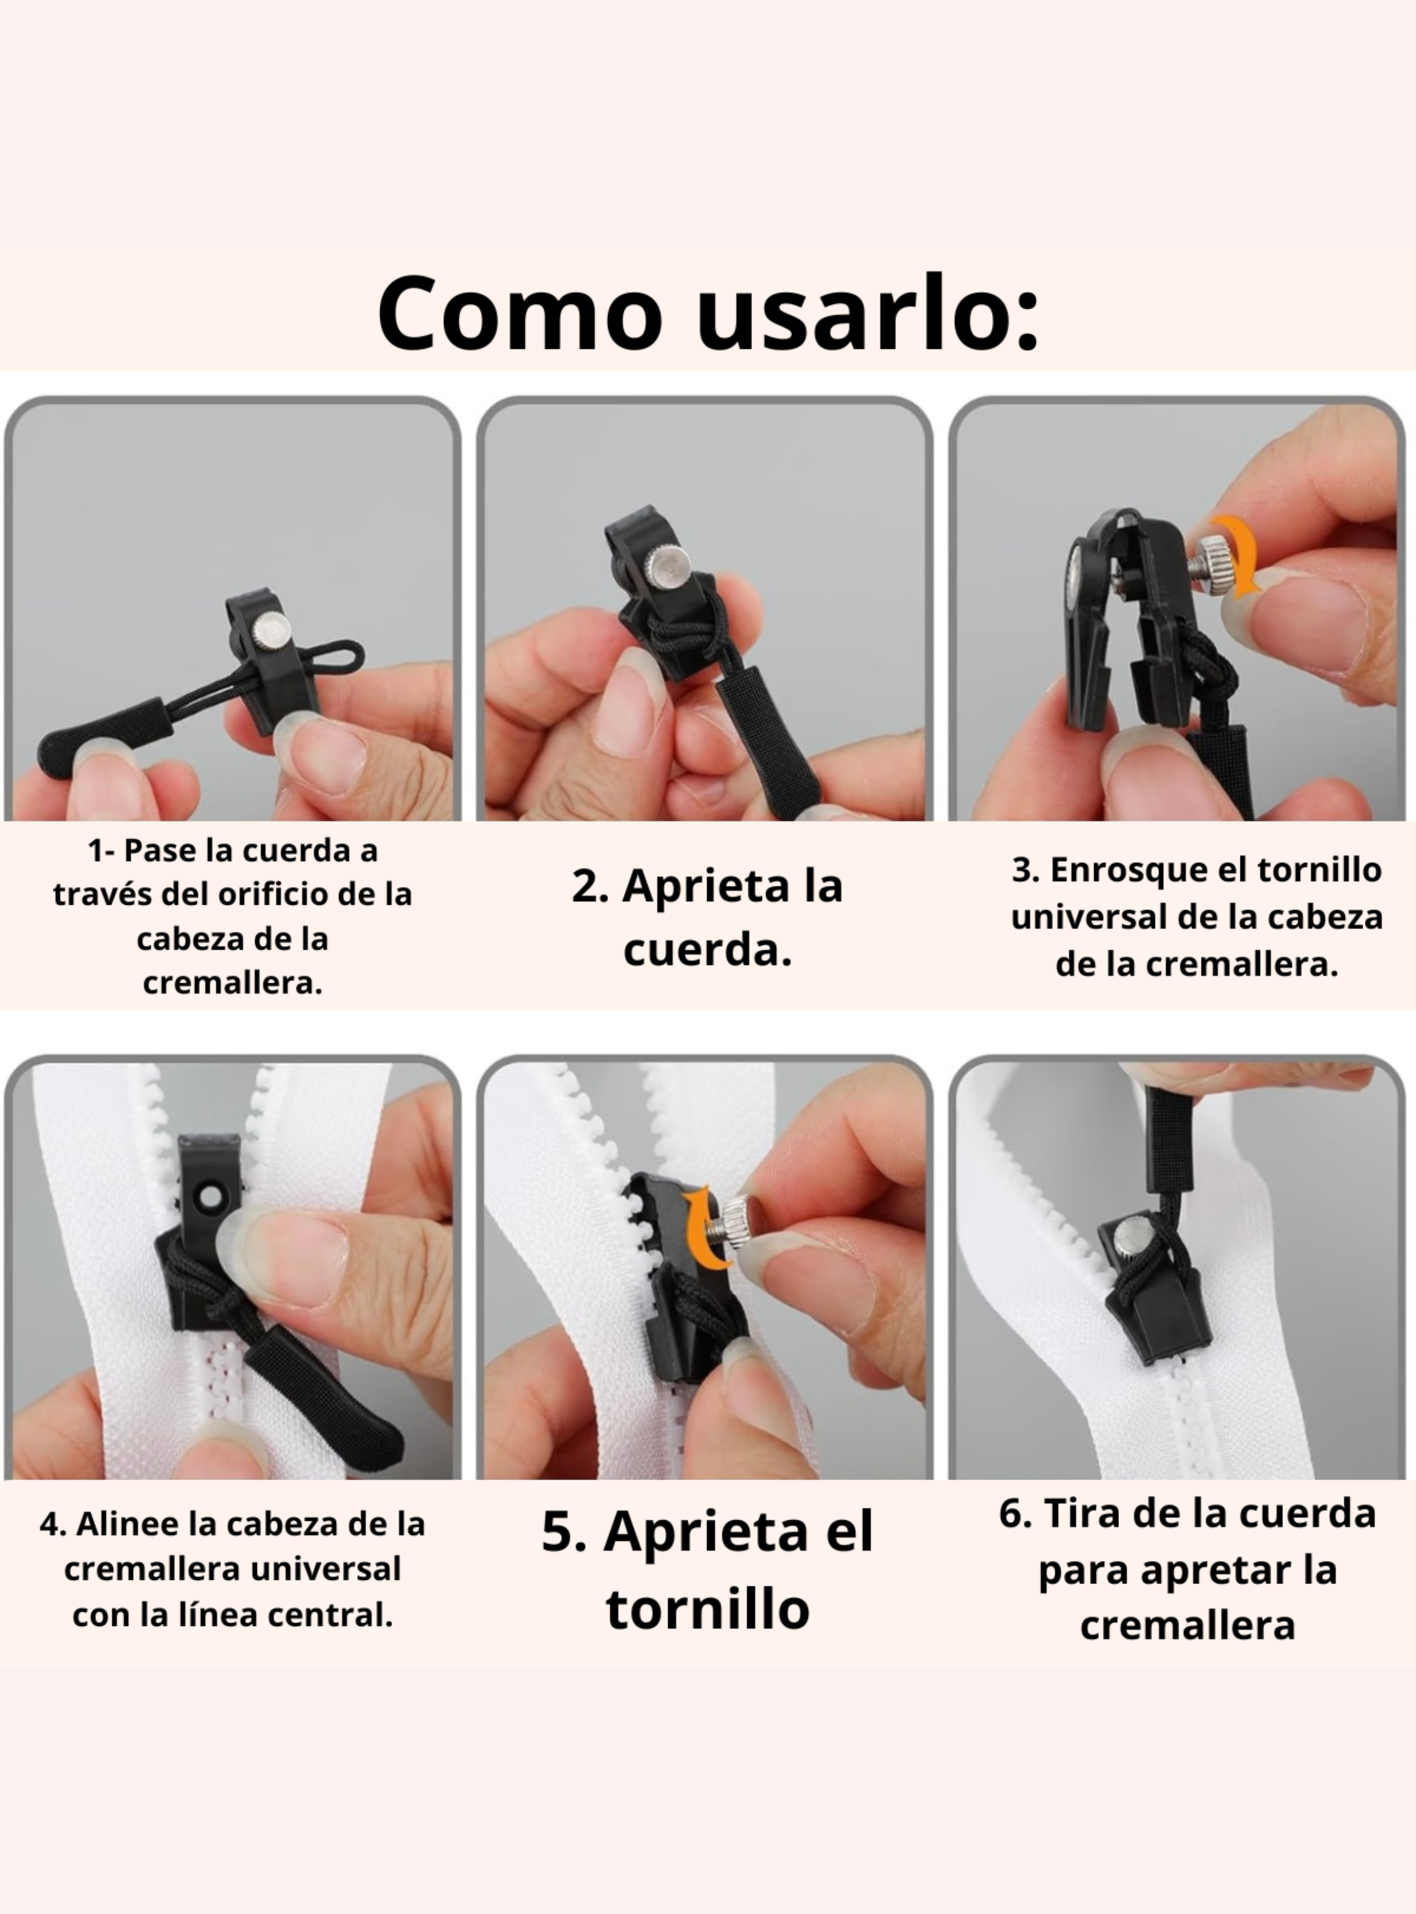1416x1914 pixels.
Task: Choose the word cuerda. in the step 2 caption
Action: click(x=707, y=950)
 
